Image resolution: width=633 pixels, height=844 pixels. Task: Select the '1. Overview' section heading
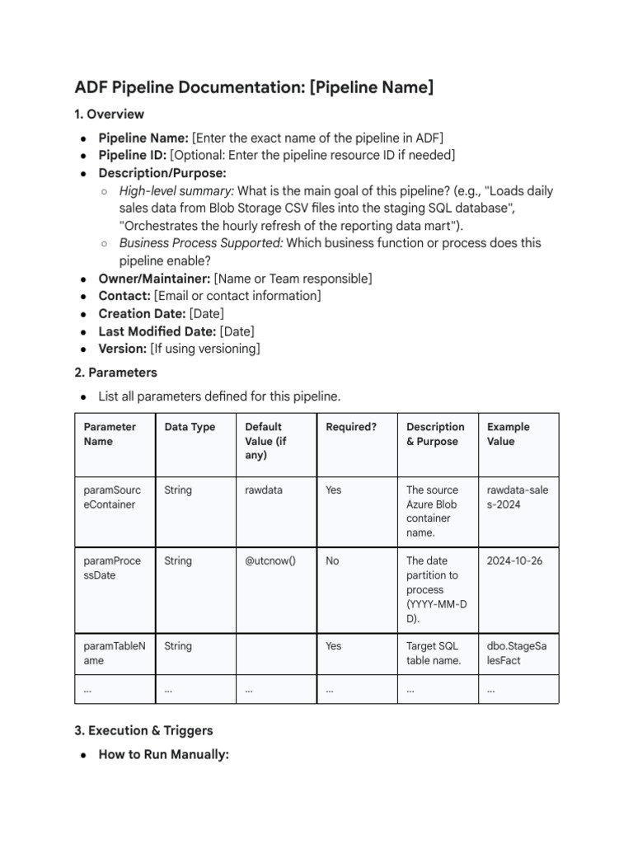click(110, 114)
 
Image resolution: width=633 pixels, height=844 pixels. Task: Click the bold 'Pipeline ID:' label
click(132, 155)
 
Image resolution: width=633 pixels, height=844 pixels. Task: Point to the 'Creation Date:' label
click(142, 313)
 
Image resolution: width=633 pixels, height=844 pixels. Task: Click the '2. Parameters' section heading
click(116, 373)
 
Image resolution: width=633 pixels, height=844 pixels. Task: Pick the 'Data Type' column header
click(190, 427)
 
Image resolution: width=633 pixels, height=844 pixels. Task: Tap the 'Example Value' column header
click(509, 434)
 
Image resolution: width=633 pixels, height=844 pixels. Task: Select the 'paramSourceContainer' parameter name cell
click(113, 497)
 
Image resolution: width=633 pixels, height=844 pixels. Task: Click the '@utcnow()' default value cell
click(270, 561)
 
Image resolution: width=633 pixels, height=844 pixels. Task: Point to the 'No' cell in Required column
click(332, 561)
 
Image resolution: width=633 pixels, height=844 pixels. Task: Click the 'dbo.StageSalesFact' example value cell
click(517, 654)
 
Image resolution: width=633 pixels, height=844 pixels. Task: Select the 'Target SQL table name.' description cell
click(433, 654)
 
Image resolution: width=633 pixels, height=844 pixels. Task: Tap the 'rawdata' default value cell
click(264, 490)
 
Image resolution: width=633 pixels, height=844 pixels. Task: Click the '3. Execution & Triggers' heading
click(143, 730)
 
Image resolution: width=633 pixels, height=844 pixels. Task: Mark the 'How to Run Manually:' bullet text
click(163, 754)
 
